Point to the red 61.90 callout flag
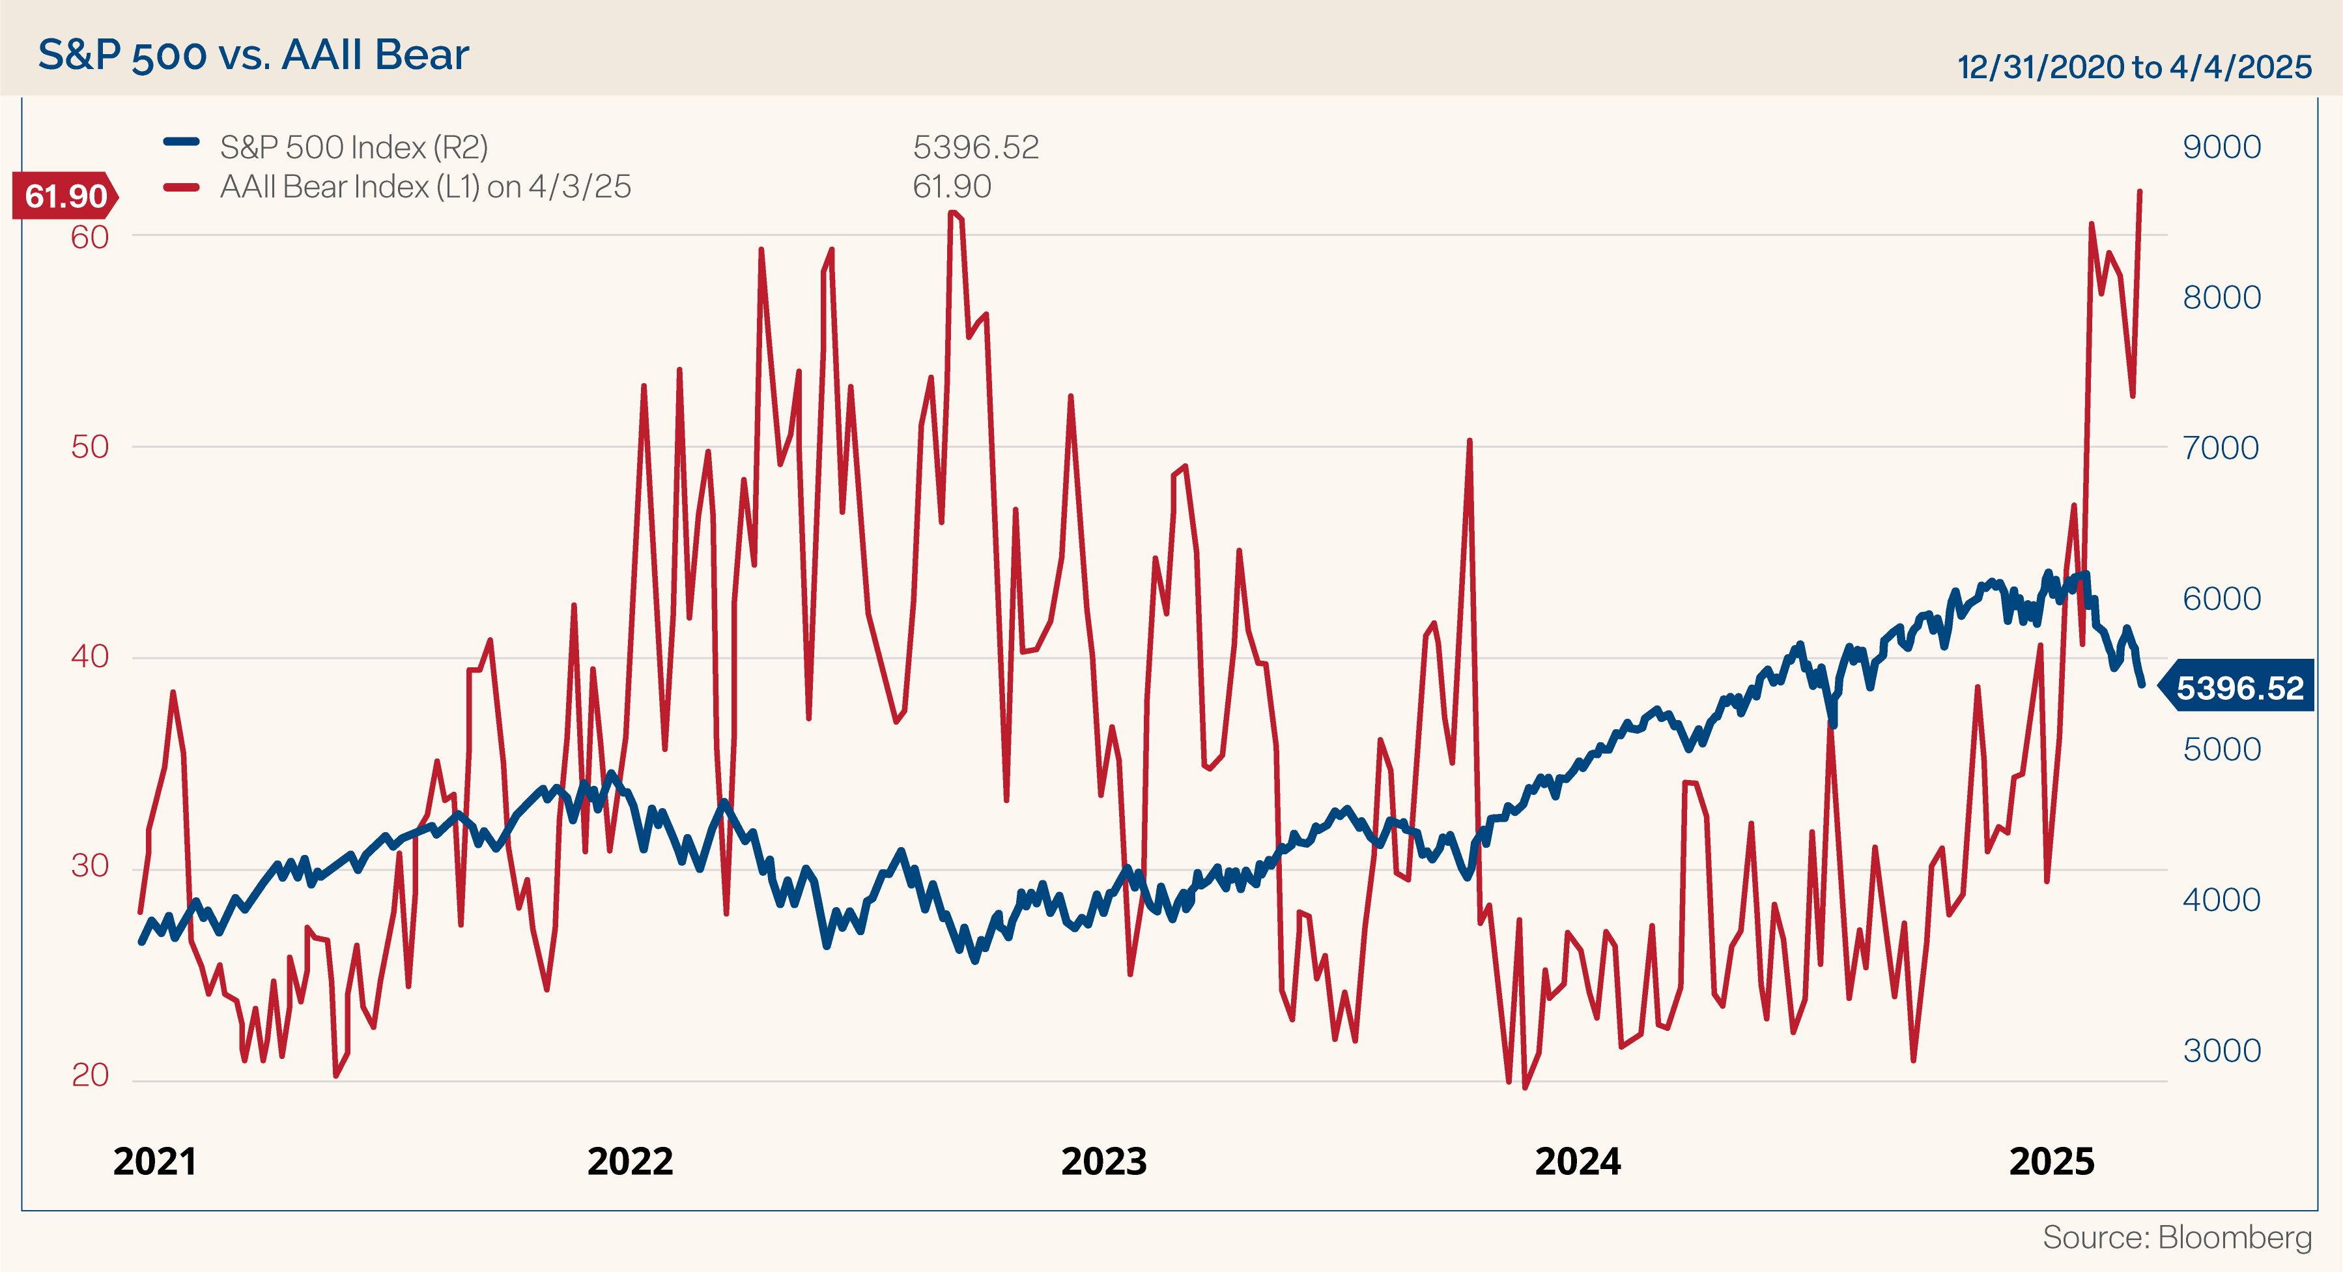tap(64, 195)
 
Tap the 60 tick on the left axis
tap(89, 237)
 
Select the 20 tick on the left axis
tap(89, 1075)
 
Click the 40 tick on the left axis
tap(89, 656)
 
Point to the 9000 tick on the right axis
tap(2221, 147)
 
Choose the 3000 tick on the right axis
tap(2221, 1051)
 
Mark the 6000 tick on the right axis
tap(2221, 599)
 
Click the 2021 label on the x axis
tap(154, 1162)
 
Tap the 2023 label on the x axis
tap(1104, 1162)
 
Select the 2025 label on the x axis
tap(2052, 1162)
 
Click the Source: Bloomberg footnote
tap(2176, 1237)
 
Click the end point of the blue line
tap(2142, 684)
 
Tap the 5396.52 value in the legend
tap(975, 147)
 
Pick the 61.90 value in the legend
tap(952, 186)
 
